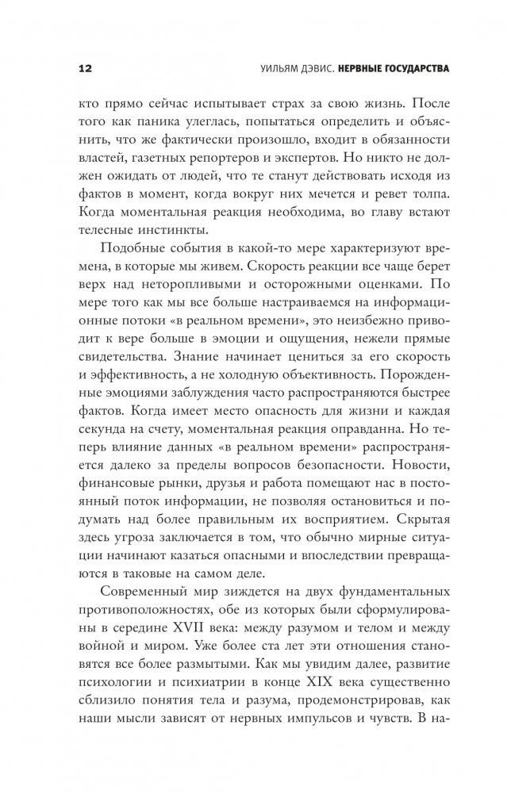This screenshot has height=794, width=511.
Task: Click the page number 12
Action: click(86, 68)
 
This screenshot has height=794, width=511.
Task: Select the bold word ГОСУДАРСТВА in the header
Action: click(407, 68)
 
